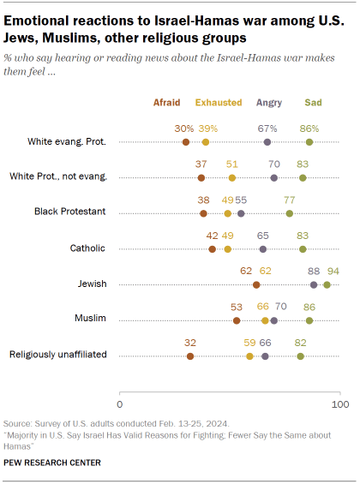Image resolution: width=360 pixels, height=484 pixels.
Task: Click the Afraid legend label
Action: tap(167, 102)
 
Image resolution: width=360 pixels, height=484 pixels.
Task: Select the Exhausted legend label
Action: tap(218, 102)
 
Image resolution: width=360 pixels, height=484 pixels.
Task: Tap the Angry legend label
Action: tap(269, 102)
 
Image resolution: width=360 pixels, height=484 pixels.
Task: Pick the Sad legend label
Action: tap(314, 102)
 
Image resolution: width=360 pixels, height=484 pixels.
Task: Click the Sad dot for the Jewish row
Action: tap(327, 284)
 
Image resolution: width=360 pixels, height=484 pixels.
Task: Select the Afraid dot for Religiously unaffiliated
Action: tap(190, 356)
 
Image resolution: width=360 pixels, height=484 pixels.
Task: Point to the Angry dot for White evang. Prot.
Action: tap(267, 142)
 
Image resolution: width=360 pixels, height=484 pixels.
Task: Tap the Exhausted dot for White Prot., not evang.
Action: tap(232, 178)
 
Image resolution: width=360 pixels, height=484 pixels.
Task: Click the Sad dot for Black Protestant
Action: tap(290, 213)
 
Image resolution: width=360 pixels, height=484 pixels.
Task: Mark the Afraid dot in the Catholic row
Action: tap(213, 249)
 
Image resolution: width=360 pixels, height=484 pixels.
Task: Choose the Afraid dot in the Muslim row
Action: tap(237, 320)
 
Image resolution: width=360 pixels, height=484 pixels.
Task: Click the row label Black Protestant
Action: tap(69, 212)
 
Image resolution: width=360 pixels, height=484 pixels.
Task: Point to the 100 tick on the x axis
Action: tap(340, 403)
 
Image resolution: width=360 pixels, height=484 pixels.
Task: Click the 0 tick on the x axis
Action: tap(119, 403)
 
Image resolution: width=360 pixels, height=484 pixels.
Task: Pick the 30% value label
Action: tap(183, 128)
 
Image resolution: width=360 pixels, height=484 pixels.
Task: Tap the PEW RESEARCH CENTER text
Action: tap(52, 463)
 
